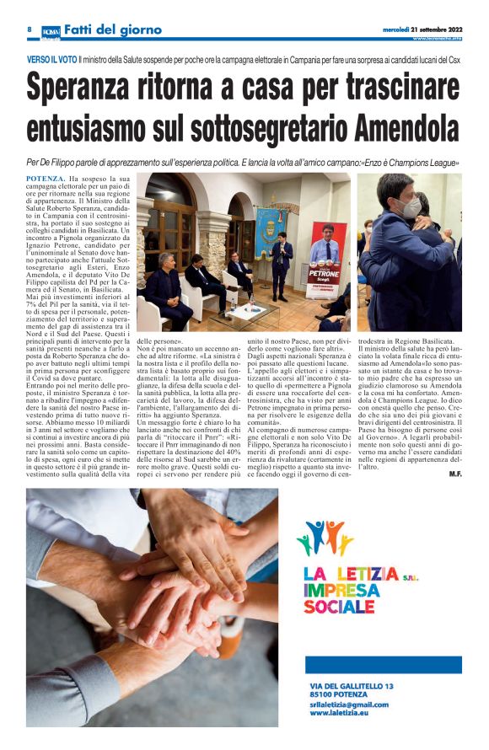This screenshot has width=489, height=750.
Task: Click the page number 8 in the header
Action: coord(29,29)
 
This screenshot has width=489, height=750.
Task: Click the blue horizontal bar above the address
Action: coord(384,664)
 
